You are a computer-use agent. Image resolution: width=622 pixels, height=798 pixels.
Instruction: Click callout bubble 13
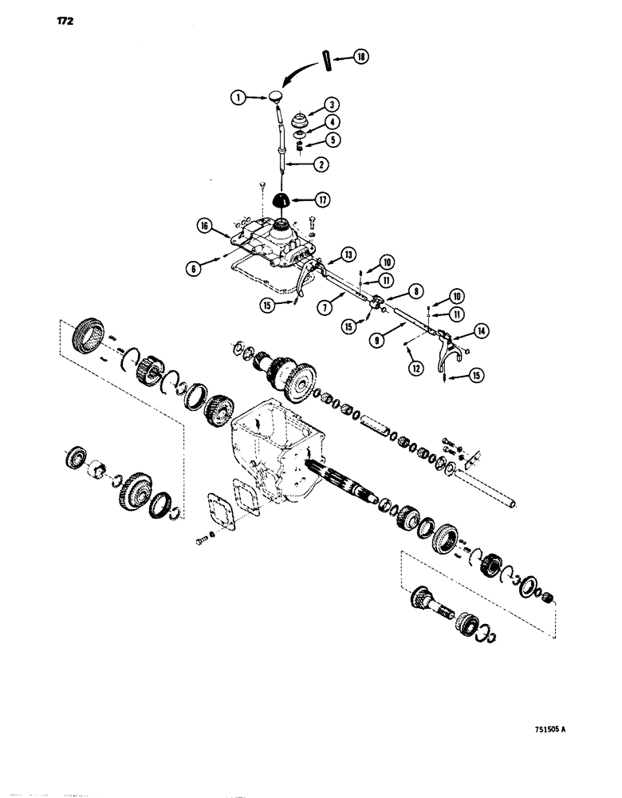(348, 254)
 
